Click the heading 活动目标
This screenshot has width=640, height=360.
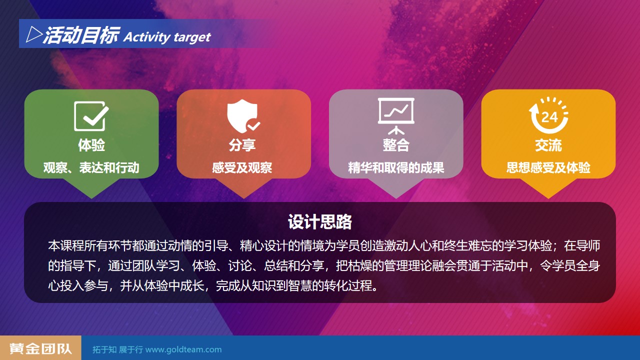[81, 35]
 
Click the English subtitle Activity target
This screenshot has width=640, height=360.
[167, 37]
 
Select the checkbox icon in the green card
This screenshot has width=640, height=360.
[91, 116]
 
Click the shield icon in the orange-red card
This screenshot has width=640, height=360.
[243, 116]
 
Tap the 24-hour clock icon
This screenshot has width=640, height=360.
[548, 115]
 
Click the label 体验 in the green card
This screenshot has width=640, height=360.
[91, 145]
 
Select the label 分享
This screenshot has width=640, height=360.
[242, 145]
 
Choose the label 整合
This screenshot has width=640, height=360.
[396, 145]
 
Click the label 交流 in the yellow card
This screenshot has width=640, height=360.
[548, 145]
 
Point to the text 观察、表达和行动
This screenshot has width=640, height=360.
[91, 167]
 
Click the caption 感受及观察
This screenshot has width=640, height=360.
[242, 167]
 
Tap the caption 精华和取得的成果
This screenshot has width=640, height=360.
[396, 167]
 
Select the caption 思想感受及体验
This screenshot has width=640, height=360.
[548, 167]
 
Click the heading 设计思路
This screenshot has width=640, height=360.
[320, 221]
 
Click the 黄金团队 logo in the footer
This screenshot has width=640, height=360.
[40, 348]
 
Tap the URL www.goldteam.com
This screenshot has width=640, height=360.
[183, 349]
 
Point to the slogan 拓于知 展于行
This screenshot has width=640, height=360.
[117, 349]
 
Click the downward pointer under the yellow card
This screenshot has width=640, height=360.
[548, 188]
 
